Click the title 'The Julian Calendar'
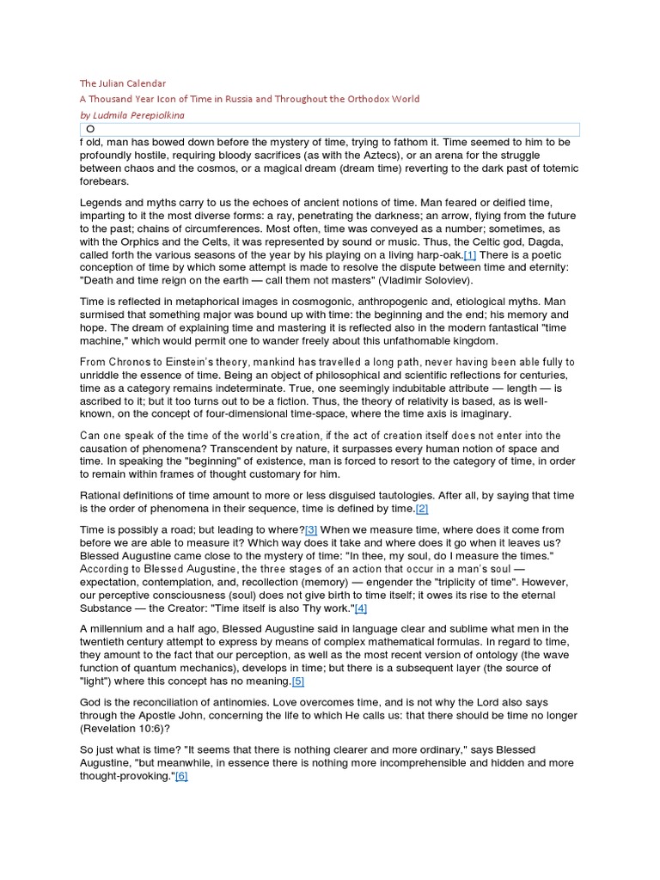(x=122, y=83)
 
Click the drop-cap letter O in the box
(x=90, y=129)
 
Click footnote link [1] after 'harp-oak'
(x=469, y=255)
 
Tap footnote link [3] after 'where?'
(x=311, y=530)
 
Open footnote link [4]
(x=360, y=608)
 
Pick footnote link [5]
(x=298, y=681)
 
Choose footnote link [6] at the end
(x=181, y=776)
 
